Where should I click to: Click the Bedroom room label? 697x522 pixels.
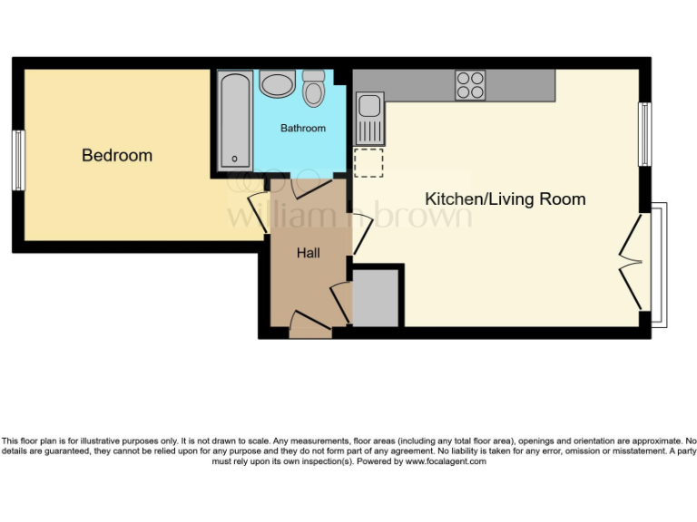(x=117, y=155)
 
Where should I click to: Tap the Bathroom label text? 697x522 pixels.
(x=302, y=128)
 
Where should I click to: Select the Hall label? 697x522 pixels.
(x=309, y=253)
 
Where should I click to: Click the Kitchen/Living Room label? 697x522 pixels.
(x=506, y=198)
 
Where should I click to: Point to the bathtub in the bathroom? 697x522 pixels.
(x=235, y=121)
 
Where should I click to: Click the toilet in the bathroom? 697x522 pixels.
(x=314, y=89)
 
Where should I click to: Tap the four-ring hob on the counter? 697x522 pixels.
(x=470, y=84)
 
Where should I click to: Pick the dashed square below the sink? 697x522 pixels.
(x=369, y=162)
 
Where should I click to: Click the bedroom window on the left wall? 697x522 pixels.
(x=18, y=160)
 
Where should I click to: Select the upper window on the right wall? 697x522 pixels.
(x=645, y=134)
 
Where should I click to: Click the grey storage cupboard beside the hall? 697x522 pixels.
(x=375, y=298)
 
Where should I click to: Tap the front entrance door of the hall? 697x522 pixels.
(x=310, y=324)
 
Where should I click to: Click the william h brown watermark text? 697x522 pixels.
(x=349, y=217)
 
